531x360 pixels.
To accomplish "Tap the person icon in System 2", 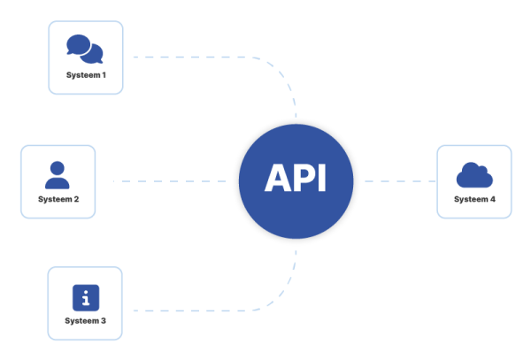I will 58,175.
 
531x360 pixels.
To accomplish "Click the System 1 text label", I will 86,75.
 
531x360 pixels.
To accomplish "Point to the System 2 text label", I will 58,199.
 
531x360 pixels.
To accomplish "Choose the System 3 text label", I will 86,320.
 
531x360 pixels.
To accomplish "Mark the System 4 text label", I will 474,199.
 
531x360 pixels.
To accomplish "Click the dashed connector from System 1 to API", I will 212,57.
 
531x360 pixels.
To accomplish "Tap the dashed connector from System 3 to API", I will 212,310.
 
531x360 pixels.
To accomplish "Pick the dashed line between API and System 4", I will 398,181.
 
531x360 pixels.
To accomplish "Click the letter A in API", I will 278,179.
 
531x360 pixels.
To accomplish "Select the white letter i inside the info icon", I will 85,298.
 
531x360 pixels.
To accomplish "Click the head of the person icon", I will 58,167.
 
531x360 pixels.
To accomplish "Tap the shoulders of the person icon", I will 58,183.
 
